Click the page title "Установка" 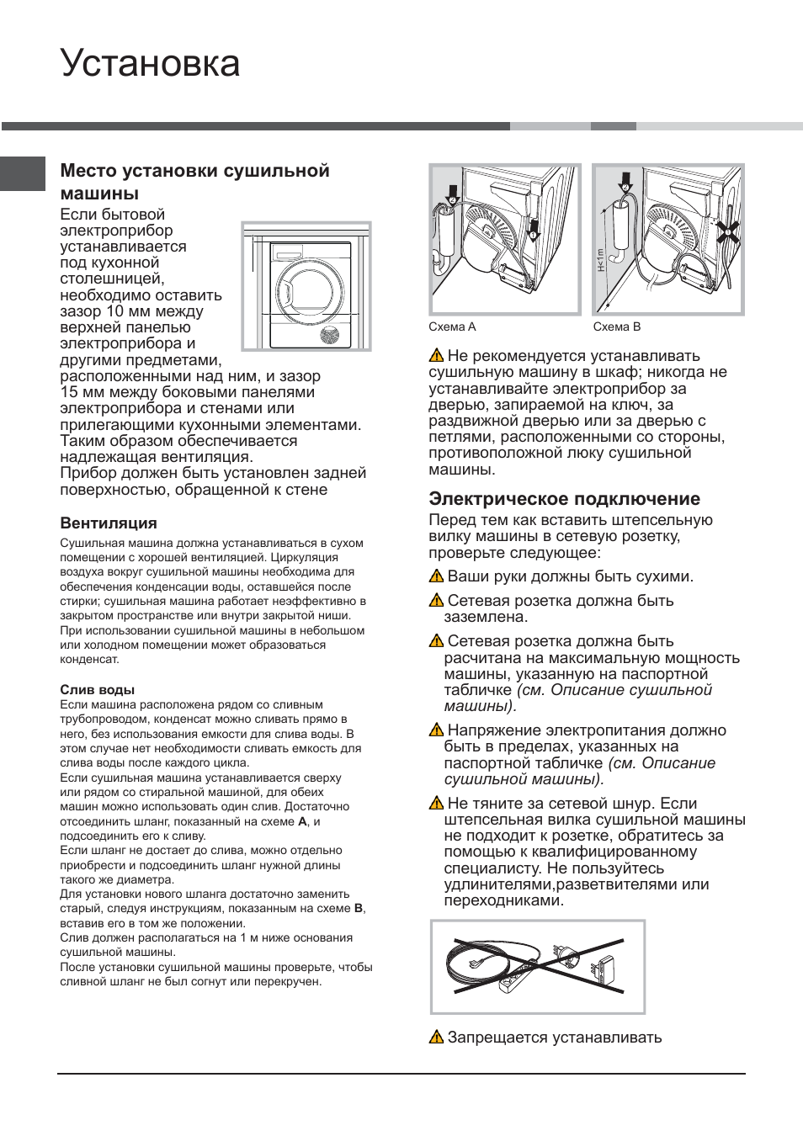coord(150,64)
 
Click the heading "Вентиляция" coord(108,523)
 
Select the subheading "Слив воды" coord(97,689)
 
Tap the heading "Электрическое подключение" coord(564,498)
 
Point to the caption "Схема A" coord(452,326)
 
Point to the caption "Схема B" coord(616,326)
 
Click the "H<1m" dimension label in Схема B coord(600,259)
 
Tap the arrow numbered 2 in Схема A coord(452,192)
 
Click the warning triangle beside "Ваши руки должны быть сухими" coord(436,576)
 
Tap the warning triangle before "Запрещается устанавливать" coord(436,1038)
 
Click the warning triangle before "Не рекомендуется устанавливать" coord(436,356)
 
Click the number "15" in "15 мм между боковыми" coord(69,392)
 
